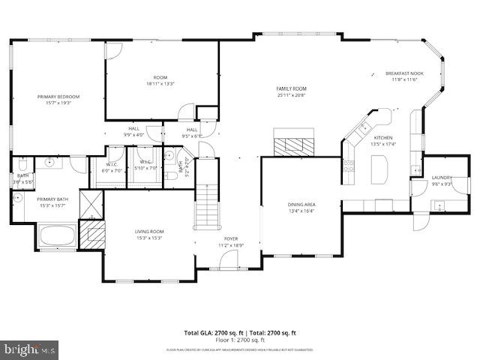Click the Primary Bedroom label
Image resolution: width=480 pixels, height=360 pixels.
click(58, 97)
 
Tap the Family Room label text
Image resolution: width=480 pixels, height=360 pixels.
click(292, 88)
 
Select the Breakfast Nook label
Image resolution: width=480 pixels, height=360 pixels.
click(404, 73)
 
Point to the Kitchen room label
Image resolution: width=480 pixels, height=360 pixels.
click(383, 138)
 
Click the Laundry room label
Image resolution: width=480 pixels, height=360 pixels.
click(441, 178)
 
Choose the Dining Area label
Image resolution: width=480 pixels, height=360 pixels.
click(301, 204)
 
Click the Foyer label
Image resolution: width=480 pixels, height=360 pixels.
click(231, 238)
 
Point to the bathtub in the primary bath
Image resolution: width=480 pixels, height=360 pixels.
click(57, 235)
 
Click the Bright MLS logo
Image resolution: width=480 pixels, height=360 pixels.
click(30, 349)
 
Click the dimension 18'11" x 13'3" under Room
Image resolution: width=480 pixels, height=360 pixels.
click(160, 83)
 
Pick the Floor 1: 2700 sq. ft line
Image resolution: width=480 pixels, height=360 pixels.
click(240, 340)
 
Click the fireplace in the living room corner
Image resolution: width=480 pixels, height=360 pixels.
click(91, 233)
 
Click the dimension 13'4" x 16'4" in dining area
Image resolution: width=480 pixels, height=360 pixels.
click(301, 211)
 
